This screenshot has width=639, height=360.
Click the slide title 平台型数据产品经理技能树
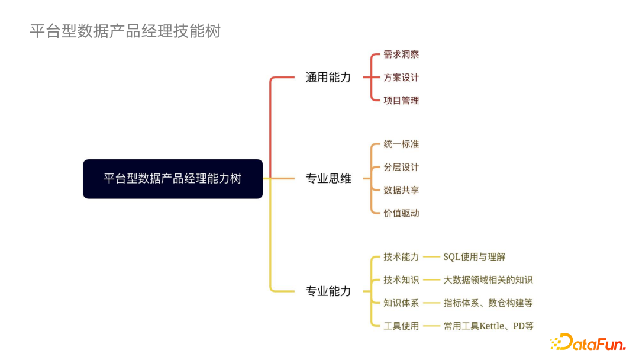click(125, 31)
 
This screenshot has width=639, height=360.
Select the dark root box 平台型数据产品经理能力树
click(173, 179)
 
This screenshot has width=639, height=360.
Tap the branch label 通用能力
click(328, 78)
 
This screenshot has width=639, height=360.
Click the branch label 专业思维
click(328, 179)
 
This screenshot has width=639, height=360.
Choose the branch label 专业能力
click(328, 291)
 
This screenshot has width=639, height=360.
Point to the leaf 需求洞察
click(401, 54)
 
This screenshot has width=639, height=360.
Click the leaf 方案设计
click(401, 78)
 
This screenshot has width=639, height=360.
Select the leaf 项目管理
click(401, 101)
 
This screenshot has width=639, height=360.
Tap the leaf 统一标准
click(401, 144)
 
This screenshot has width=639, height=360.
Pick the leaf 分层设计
click(401, 168)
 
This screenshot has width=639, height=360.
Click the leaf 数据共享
click(401, 190)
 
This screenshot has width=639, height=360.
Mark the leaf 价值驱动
click(401, 213)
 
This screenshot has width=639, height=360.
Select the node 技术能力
click(401, 257)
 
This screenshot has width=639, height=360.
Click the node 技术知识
click(401, 280)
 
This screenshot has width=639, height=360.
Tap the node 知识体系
click(401, 303)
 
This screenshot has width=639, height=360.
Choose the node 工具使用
click(401, 326)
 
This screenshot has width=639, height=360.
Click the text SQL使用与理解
click(475, 257)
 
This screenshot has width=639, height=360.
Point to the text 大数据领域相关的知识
click(488, 280)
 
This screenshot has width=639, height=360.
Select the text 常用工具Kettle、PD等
click(489, 326)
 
